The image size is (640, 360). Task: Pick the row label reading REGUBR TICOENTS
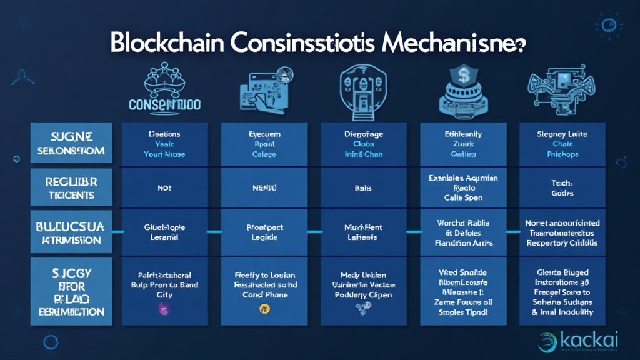71,187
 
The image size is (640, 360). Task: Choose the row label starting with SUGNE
71,144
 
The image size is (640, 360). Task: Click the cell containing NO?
165,187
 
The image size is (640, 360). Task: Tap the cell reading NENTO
264,187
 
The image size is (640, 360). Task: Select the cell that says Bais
364,187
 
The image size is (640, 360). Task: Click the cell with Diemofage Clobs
364,144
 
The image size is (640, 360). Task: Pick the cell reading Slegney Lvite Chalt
562,144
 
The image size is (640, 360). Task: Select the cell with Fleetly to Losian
264,284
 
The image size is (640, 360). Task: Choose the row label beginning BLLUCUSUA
71,232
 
